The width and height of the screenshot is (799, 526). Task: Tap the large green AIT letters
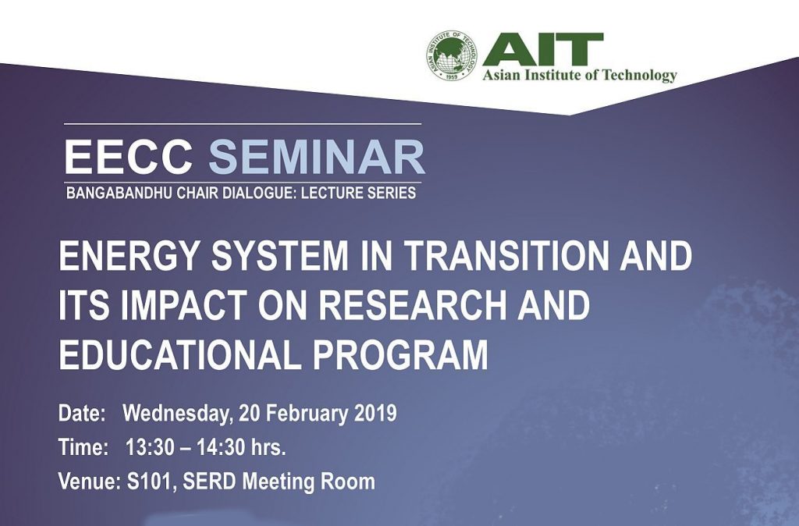click(543, 50)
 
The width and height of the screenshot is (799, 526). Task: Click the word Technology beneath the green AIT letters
click(640, 76)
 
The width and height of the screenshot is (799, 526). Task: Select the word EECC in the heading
click(129, 157)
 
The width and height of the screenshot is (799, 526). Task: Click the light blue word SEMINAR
click(317, 157)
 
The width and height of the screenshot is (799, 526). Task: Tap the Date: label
click(82, 413)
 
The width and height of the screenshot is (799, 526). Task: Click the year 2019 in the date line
click(375, 413)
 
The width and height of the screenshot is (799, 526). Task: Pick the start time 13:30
click(147, 447)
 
